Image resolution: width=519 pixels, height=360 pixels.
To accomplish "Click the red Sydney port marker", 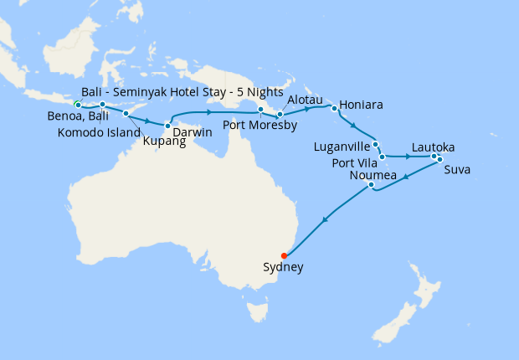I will coord(284,255).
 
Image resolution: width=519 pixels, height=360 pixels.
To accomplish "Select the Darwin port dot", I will coord(167,126).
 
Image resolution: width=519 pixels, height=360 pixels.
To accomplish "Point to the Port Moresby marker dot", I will coord(260,110).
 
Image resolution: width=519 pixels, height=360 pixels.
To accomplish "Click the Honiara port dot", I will coord(334,108).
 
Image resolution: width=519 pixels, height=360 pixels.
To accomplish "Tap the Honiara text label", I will coord(362,106).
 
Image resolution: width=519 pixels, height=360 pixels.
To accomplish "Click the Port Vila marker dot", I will coord(382,157).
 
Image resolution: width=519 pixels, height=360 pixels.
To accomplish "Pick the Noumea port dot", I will coord(371,186).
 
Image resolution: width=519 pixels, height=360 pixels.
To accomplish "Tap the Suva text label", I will coord(457,170).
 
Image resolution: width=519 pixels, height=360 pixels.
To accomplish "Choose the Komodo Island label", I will coord(99,132).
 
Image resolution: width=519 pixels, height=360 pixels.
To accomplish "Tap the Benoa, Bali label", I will coord(78,117).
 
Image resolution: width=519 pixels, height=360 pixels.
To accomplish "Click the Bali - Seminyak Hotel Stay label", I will coord(182,91).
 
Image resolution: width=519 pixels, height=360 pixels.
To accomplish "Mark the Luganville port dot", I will coord(376,144).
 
